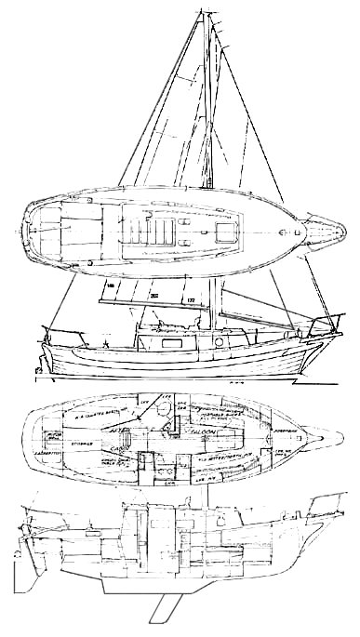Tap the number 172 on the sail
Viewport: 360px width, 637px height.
191,300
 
